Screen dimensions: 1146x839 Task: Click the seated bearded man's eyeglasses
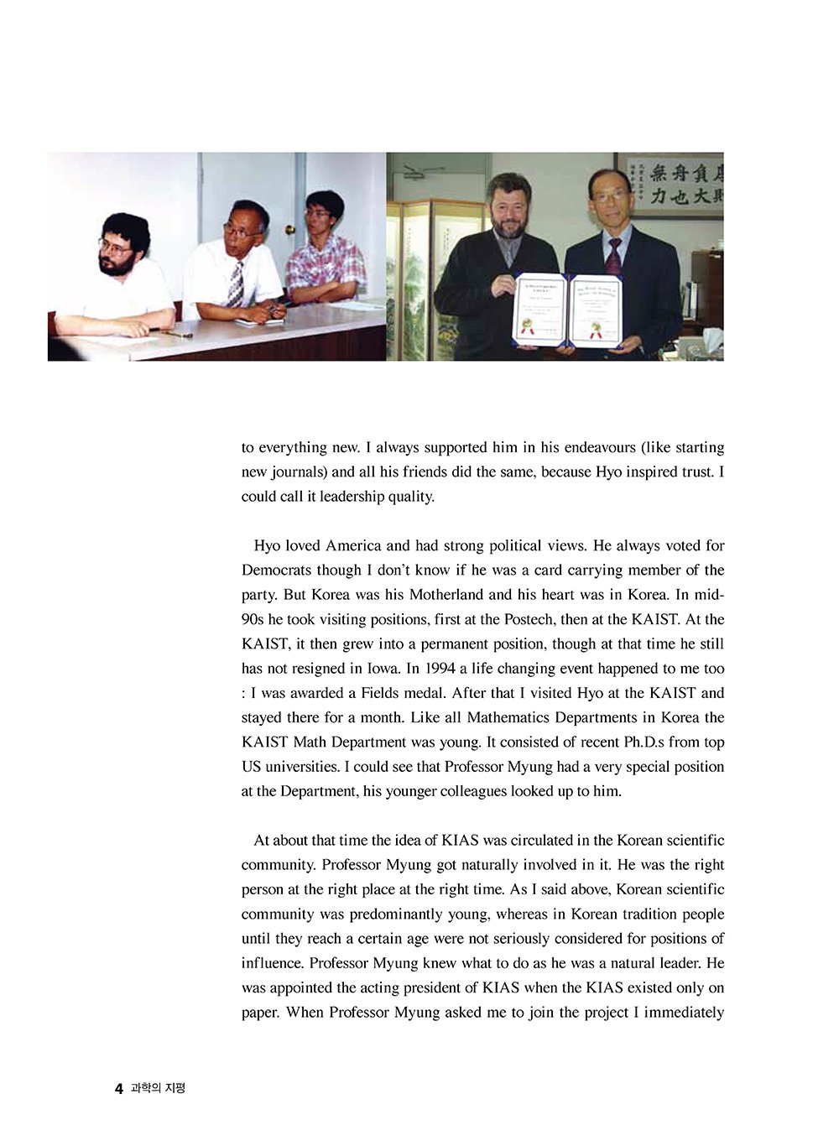(115, 248)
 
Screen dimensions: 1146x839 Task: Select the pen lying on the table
(176, 334)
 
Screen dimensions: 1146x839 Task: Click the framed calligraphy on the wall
(671, 185)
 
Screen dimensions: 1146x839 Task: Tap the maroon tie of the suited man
(613, 256)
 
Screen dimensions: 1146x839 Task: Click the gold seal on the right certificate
(597, 326)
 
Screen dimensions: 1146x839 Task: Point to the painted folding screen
(416, 277)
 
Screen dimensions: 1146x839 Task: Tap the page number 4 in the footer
(118, 1089)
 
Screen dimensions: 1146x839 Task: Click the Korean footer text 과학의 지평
(159, 1089)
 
